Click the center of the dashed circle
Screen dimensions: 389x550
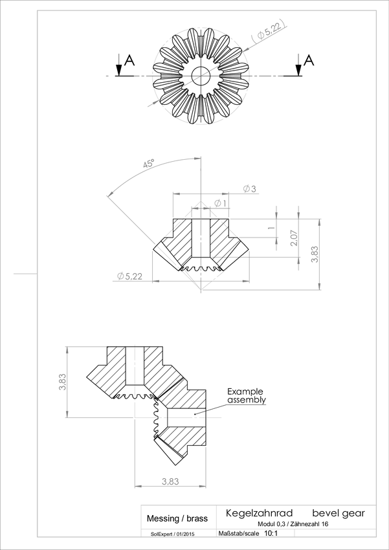tap(201, 75)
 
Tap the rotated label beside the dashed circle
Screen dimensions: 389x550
tap(269, 34)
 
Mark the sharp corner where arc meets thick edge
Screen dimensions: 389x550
tap(107, 194)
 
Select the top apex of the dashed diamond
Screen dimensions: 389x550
tap(201, 203)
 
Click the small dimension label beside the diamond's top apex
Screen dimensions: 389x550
tap(220, 204)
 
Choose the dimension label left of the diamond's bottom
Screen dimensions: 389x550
tap(129, 276)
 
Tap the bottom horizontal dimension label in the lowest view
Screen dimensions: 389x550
tap(170, 481)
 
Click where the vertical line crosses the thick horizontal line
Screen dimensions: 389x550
tap(135, 418)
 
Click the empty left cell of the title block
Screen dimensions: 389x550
tap(178, 517)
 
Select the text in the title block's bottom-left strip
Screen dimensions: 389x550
tap(172, 534)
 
